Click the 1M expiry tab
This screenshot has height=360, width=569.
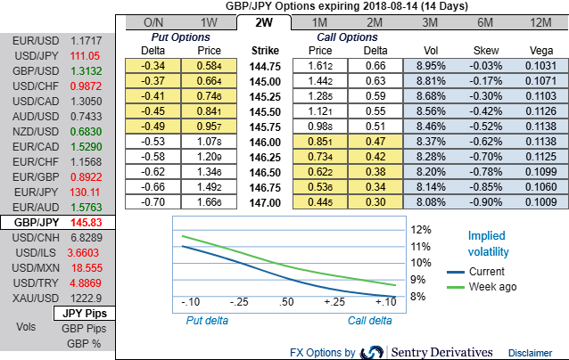[318, 21]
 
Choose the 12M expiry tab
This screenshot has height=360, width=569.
[540, 21]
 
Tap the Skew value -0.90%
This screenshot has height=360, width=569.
[484, 201]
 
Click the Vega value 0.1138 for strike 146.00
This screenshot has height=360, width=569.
[540, 141]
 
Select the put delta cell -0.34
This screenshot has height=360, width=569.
[152, 65]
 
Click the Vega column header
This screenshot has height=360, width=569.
[540, 50]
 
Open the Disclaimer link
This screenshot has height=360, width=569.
[530, 353]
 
